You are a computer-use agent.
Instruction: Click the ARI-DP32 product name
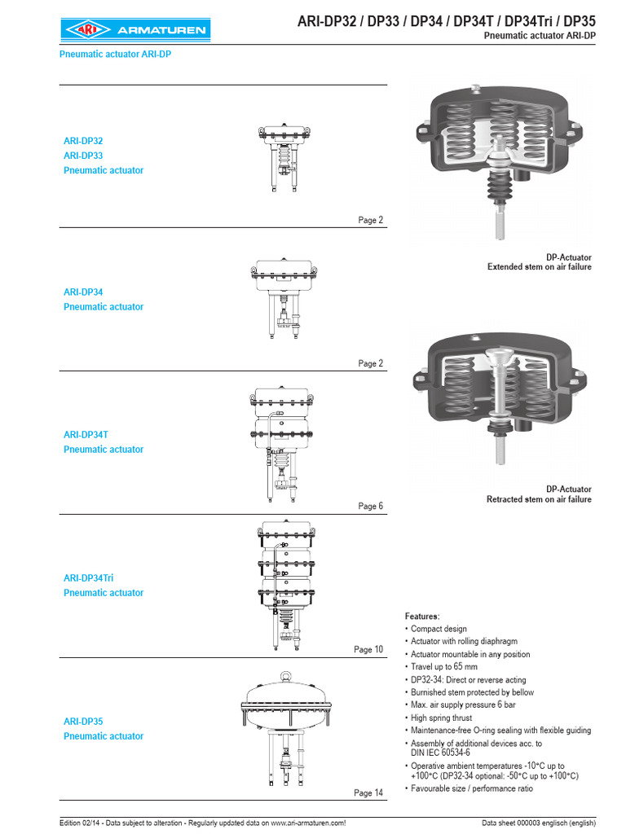[x=83, y=141]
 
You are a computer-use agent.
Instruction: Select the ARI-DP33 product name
[x=83, y=156]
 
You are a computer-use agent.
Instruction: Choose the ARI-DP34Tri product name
[x=88, y=578]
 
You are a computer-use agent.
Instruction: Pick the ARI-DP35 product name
[x=83, y=722]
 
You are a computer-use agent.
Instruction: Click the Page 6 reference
[x=370, y=507]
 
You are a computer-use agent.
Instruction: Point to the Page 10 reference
[x=368, y=650]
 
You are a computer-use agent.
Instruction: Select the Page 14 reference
[x=368, y=793]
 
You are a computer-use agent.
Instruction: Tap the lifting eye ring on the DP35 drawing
[x=284, y=675]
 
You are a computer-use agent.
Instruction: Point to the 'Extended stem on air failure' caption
[x=539, y=267]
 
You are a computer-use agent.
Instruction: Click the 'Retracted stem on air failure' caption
[x=539, y=499]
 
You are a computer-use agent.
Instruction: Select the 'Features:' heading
[x=421, y=616]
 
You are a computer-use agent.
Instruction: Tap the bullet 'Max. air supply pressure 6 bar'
[x=462, y=705]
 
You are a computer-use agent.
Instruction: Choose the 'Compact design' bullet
[x=439, y=629]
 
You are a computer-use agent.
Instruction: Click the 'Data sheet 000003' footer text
[x=539, y=823]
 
